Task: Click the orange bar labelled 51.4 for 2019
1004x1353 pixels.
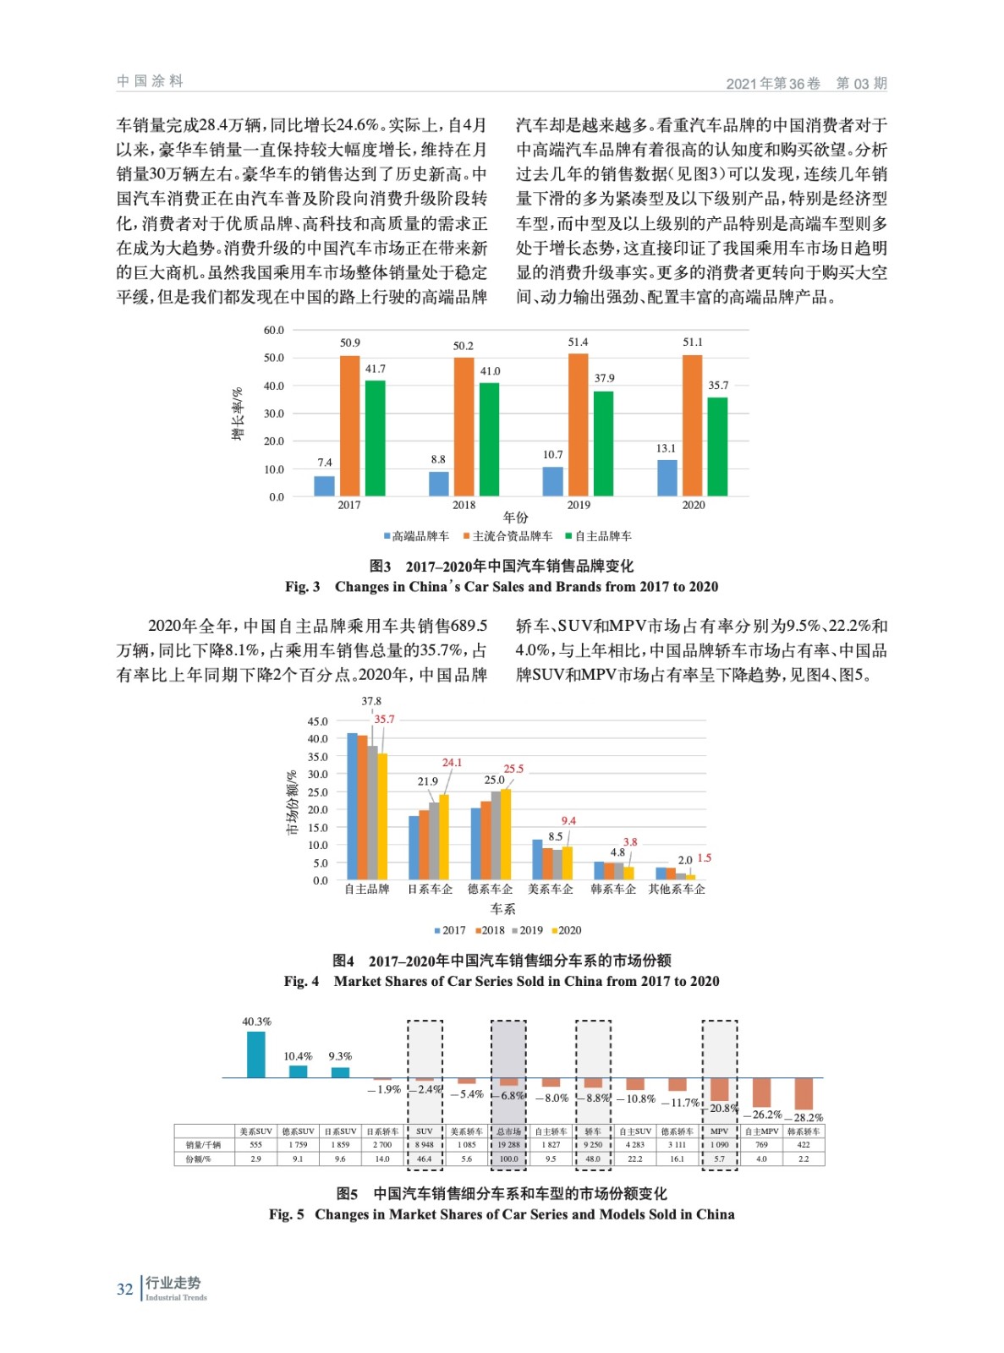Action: point(578,425)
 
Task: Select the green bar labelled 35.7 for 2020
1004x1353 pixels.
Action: point(717,446)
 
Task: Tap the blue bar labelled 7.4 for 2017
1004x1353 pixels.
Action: point(324,486)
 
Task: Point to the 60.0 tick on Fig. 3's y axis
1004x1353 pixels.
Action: point(273,330)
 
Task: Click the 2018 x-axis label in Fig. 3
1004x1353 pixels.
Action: point(464,505)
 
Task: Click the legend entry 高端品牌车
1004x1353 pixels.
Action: point(420,536)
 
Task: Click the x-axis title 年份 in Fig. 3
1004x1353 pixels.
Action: point(515,518)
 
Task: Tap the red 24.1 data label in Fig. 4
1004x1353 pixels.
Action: point(452,762)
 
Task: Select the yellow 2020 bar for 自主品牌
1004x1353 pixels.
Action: point(382,816)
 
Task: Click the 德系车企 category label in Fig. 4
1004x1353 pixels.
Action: point(490,889)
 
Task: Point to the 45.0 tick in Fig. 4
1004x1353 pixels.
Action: point(317,721)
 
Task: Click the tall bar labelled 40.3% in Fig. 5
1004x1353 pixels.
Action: point(255,1054)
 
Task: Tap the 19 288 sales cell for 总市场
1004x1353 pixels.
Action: point(508,1145)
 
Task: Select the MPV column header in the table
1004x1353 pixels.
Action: point(719,1131)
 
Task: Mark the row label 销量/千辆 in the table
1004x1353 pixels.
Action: point(203,1145)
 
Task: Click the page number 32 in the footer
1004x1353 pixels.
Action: point(124,1290)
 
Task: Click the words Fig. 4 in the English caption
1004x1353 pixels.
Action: point(301,981)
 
